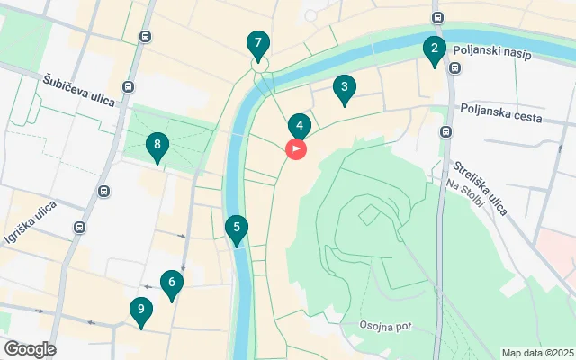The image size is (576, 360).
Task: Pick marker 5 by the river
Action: tap(236, 229)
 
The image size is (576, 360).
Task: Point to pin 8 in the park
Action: tap(157, 146)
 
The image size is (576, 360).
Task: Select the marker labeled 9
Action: tap(140, 311)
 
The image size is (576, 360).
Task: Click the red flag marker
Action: tap(296, 149)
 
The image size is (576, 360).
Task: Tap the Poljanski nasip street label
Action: tap(492, 55)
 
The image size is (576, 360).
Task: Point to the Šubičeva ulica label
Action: tap(79, 90)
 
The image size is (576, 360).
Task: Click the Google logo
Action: tap(30, 349)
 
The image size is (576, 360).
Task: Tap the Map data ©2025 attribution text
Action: tap(536, 353)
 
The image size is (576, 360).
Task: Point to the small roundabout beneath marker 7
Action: tap(259, 65)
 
